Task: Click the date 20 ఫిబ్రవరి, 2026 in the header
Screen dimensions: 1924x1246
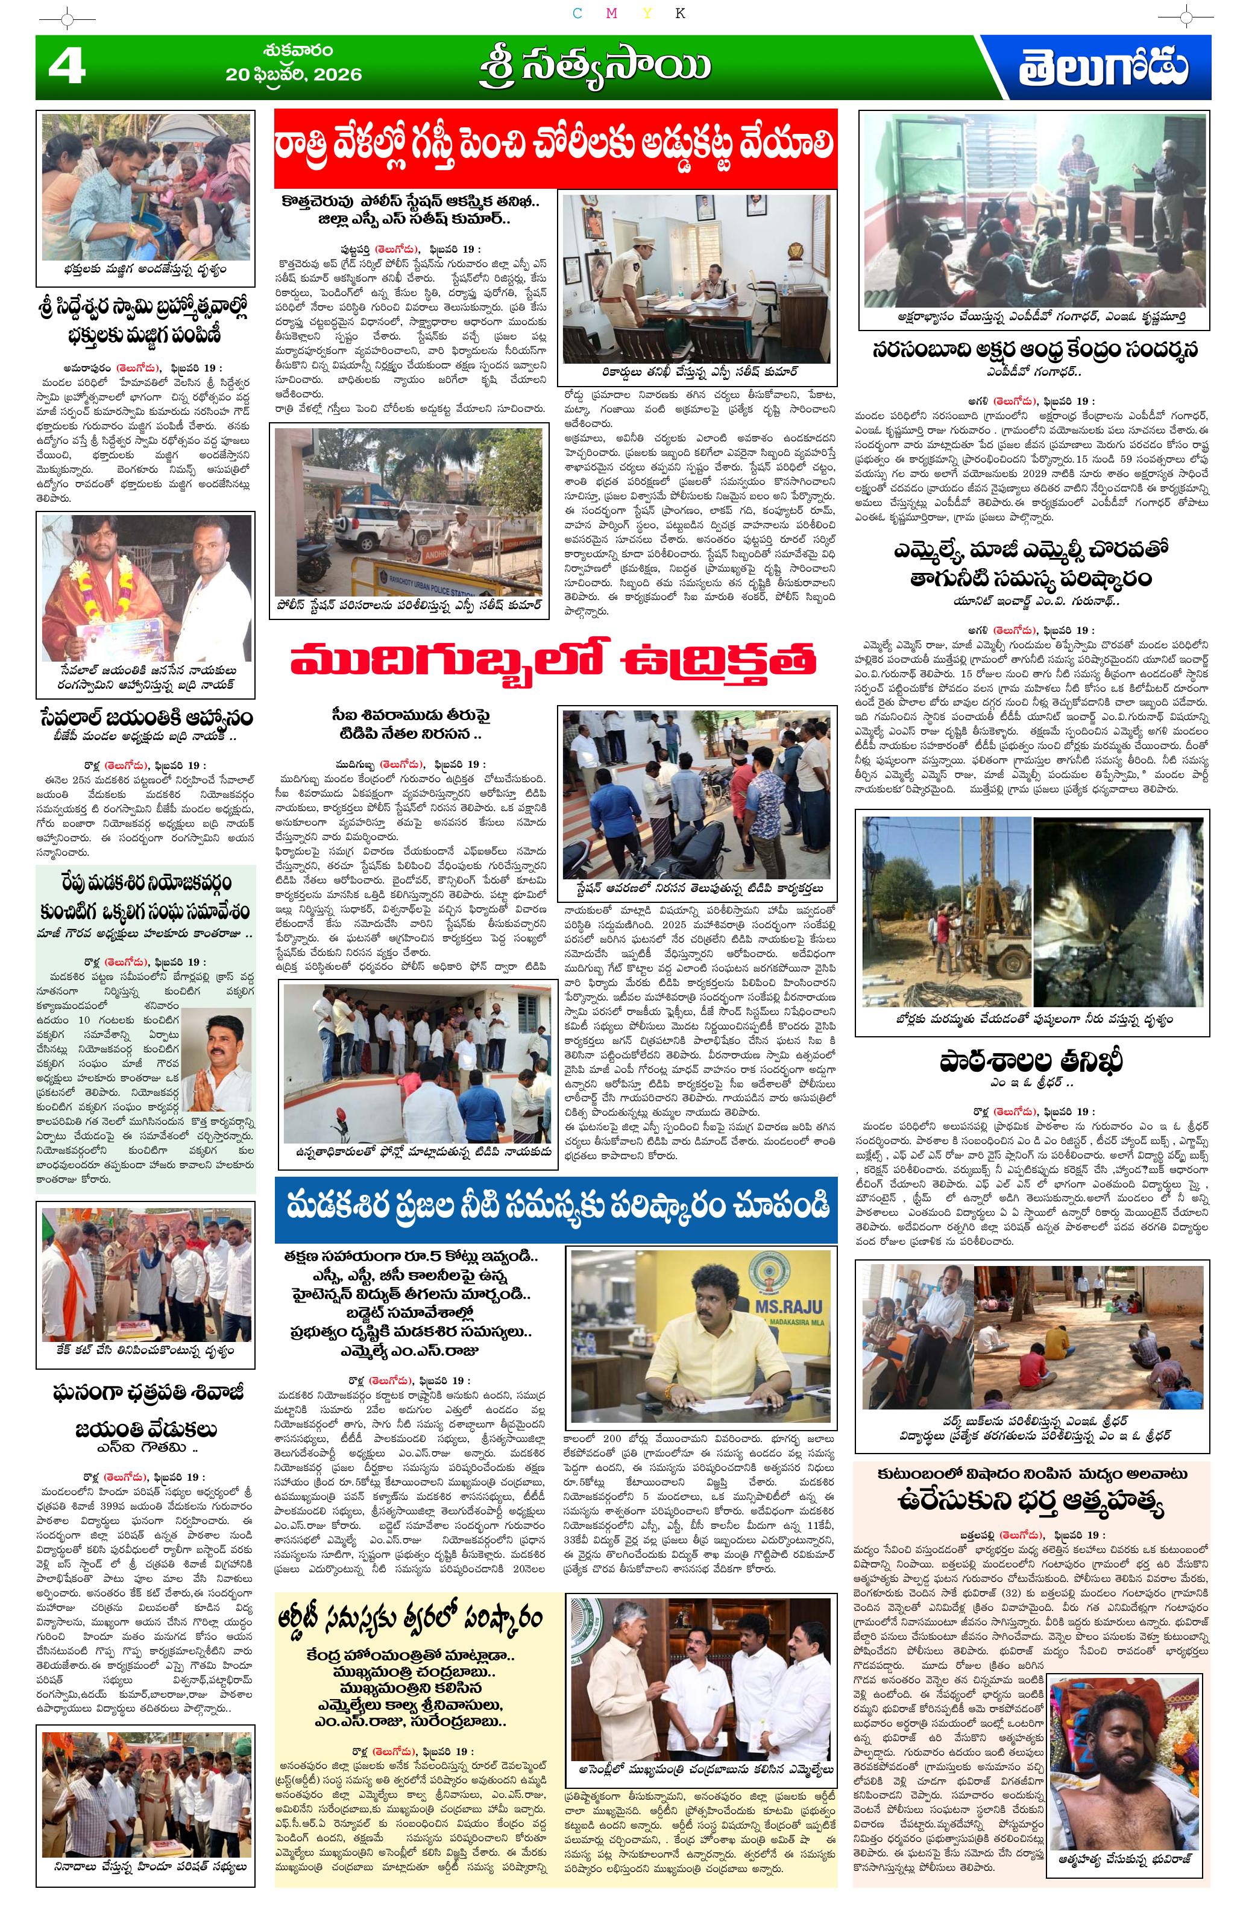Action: coord(294,74)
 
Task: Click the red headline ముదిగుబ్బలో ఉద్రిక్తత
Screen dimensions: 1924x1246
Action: coord(553,660)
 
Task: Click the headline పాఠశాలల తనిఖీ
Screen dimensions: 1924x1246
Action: coord(1031,1062)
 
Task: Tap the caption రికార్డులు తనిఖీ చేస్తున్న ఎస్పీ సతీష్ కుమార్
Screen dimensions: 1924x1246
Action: coord(696,373)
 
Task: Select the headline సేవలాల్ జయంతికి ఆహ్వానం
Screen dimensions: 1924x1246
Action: coord(145,717)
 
